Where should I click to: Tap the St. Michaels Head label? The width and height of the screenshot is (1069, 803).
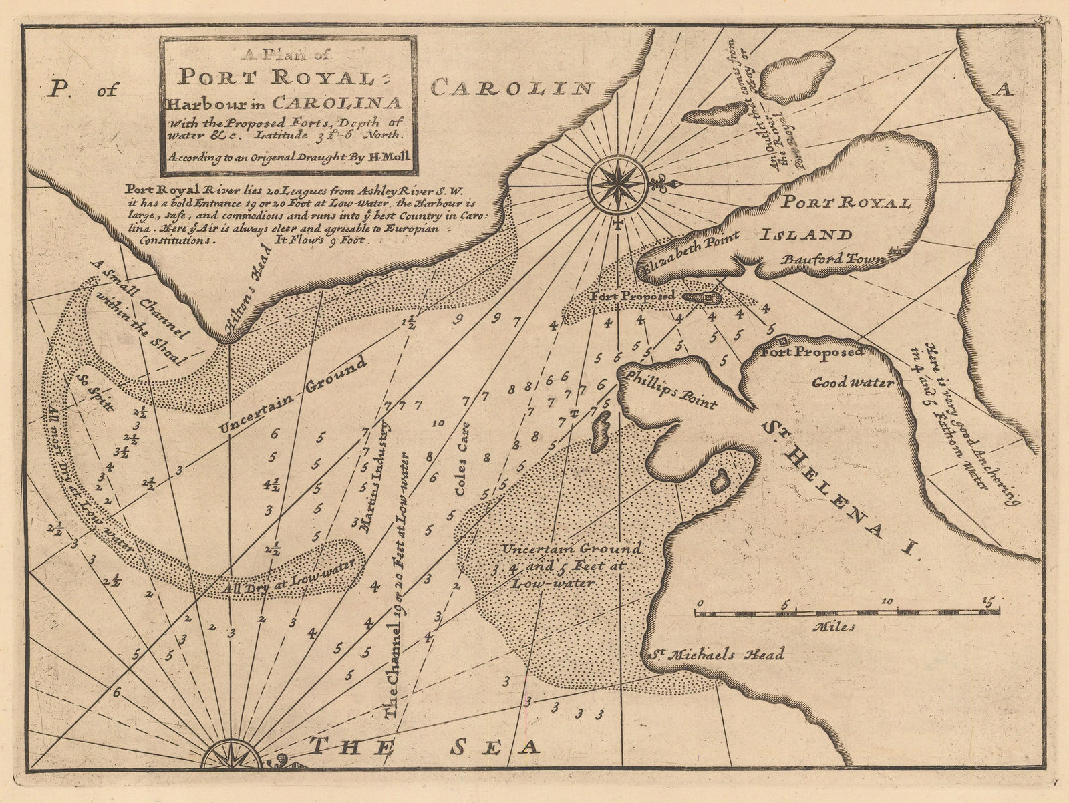716,654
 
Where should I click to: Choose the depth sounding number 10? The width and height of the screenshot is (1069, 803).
438,423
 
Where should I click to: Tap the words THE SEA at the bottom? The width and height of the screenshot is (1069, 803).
426,747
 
